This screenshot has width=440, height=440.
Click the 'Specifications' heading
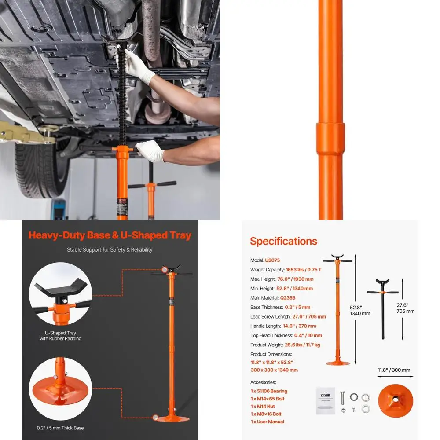(x=284, y=241)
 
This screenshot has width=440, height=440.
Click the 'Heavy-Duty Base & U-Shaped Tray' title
(x=110, y=235)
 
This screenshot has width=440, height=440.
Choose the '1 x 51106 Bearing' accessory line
(x=269, y=391)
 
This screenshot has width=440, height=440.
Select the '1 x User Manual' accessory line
(x=267, y=422)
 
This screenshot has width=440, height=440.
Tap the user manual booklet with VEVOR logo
(x=325, y=400)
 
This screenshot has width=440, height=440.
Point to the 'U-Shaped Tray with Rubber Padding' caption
(x=60, y=335)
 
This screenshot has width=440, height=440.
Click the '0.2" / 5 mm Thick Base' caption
(x=60, y=428)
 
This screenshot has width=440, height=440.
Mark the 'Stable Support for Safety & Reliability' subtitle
(x=110, y=250)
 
